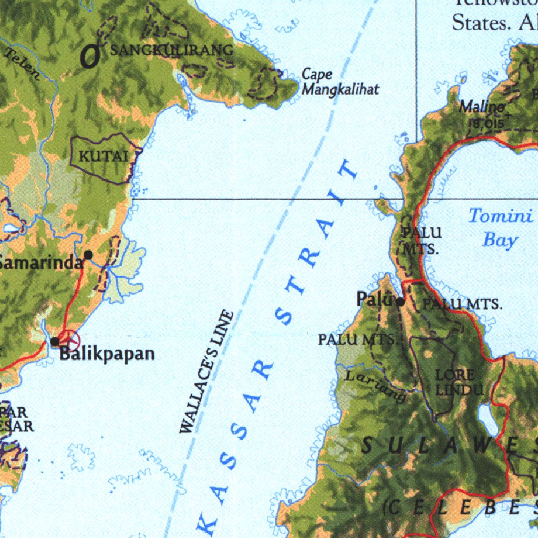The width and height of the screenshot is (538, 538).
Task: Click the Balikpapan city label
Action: [x=107, y=354]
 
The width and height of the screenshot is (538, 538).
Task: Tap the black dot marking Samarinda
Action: [x=88, y=255]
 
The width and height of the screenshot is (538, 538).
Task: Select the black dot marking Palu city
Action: [x=400, y=302]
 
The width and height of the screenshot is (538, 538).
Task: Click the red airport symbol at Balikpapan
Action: [x=68, y=339]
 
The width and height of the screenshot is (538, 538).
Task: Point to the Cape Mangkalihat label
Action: [x=340, y=82]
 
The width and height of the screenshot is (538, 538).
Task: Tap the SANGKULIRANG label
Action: [x=172, y=50]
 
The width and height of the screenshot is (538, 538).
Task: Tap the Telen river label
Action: [x=22, y=65]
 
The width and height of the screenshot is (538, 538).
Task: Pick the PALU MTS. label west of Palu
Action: [x=357, y=340]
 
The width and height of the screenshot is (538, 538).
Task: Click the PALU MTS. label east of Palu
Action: [x=462, y=304]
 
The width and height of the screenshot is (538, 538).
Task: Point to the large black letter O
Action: [x=90, y=56]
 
